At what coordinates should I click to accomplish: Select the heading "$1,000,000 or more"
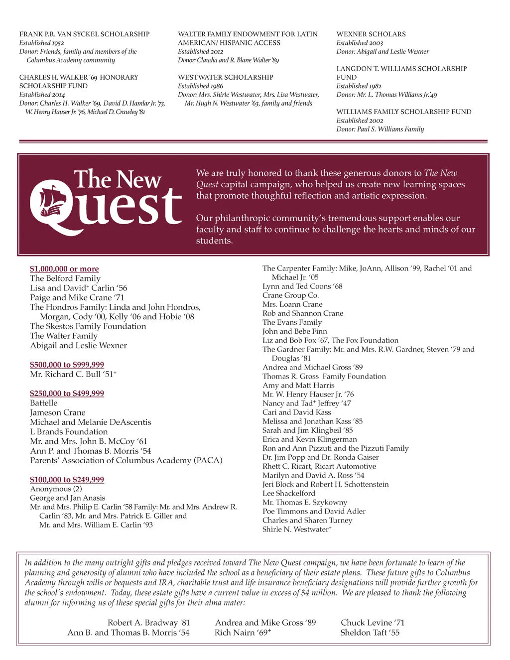coord(64,269)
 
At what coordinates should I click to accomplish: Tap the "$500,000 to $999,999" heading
coord(67,365)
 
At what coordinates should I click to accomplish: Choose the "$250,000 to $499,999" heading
coord(67,394)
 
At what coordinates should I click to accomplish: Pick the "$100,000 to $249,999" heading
coord(67,480)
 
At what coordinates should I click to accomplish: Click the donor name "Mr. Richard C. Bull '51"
coord(73,374)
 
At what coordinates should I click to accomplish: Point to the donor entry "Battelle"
coord(44,403)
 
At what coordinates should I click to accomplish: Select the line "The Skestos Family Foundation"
coord(88,326)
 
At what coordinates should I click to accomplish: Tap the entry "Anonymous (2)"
coord(56,489)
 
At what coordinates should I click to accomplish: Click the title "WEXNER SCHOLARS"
coord(371,34)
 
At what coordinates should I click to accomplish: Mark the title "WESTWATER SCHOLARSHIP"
coord(226,78)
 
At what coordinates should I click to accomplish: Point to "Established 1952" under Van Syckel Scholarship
coord(42,43)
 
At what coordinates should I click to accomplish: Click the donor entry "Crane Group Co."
coord(291,295)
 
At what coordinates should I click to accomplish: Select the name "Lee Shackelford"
coord(289,493)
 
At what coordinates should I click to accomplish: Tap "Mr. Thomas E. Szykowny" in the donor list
coord(305,502)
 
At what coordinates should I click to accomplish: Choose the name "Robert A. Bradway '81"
coord(148,623)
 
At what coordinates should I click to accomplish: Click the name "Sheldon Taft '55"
coord(370,633)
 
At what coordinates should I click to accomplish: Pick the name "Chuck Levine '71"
coord(373,623)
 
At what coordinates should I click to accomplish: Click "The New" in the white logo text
coord(118,179)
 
